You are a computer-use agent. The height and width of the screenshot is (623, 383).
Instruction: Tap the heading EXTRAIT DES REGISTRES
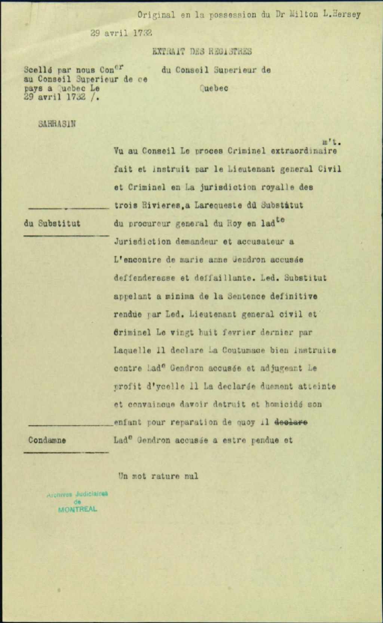202,52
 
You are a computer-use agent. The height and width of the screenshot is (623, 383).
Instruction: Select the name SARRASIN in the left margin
56,124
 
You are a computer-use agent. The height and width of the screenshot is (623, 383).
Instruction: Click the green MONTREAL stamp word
77,510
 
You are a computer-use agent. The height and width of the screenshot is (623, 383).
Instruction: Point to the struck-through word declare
291,422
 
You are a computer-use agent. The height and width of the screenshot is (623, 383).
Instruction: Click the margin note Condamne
47,440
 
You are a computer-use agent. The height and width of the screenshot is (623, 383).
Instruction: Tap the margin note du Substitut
52,224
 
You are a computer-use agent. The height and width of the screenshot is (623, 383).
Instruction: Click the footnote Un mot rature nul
158,477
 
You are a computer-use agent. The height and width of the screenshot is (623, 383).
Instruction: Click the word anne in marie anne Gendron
217,260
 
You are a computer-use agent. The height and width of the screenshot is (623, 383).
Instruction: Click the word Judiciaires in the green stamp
92,494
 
